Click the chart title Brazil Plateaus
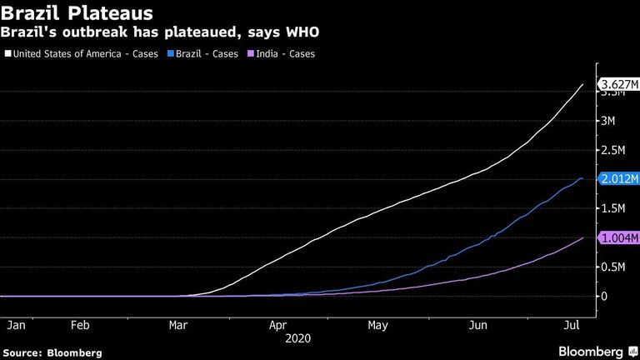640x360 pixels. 77,13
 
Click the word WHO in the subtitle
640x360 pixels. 302,32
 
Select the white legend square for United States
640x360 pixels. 8,53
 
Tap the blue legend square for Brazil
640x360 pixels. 171,53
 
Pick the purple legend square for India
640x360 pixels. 251,53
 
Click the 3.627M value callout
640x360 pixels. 618,84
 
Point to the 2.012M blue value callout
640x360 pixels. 618,179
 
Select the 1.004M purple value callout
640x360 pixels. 618,237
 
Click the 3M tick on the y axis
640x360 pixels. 607,121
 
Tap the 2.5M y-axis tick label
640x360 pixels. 612,150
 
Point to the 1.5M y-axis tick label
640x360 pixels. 612,208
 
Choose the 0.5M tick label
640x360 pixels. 612,267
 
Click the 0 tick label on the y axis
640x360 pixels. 604,297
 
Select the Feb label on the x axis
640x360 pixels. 80,325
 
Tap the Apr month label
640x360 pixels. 278,325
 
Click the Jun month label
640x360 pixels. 478,325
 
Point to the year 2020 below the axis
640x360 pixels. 298,338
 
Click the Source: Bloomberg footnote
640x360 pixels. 52,353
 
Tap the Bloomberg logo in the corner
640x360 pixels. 598,352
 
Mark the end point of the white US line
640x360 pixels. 582,84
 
